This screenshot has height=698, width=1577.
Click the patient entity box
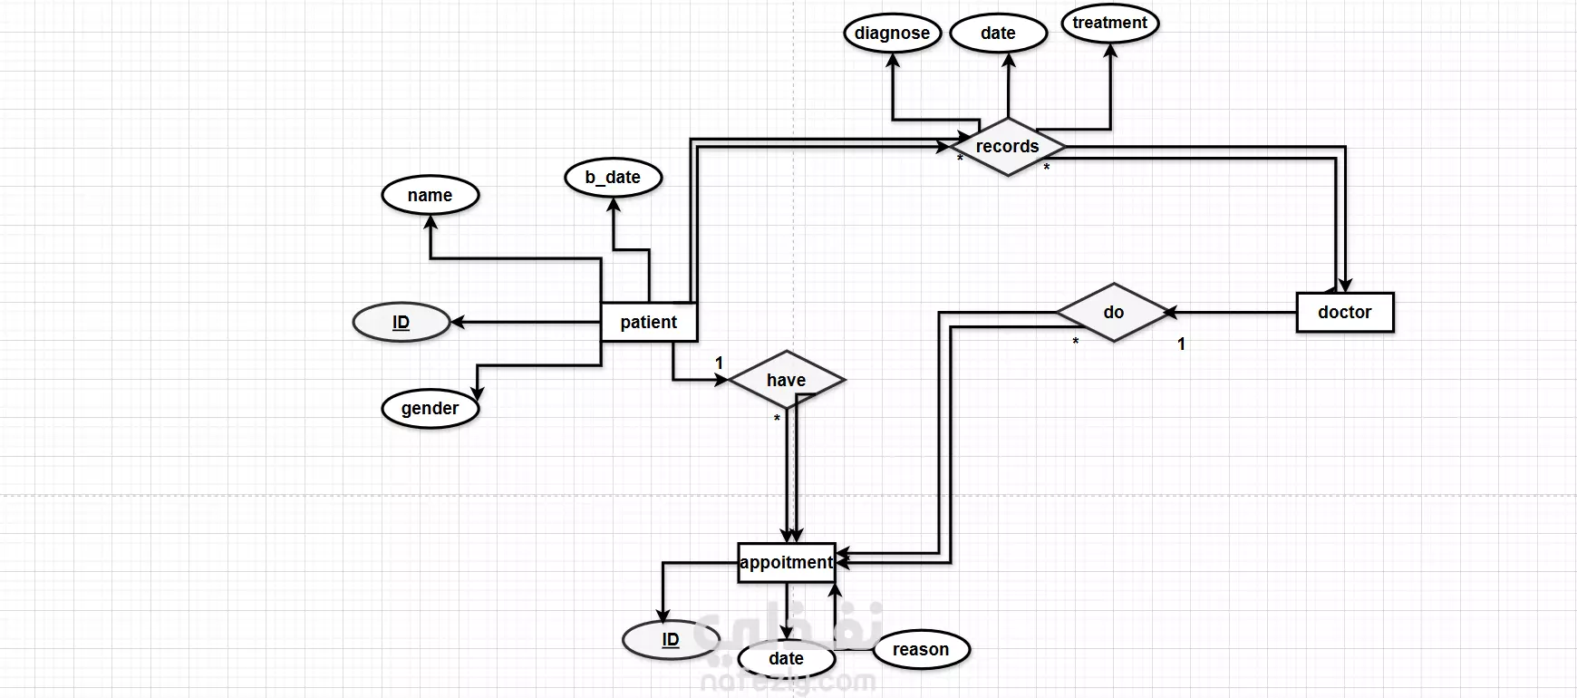click(x=649, y=322)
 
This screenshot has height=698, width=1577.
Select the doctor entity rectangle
click(x=1345, y=312)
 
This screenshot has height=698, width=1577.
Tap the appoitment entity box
click(x=786, y=562)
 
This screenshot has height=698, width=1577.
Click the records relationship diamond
click(x=1008, y=147)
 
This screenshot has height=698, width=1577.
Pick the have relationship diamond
click(x=787, y=380)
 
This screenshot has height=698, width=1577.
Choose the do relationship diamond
click(x=1114, y=312)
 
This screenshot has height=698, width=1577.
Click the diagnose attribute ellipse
click(x=893, y=34)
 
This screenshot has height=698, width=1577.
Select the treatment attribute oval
click(x=1110, y=24)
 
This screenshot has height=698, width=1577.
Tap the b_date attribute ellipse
click(x=613, y=177)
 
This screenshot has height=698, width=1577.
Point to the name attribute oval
click(x=431, y=195)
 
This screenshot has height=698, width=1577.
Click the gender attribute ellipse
click(x=430, y=408)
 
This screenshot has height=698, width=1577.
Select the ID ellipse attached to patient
click(x=401, y=322)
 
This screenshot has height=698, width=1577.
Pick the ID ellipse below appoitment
click(x=671, y=639)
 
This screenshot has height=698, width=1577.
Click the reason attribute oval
click(x=921, y=649)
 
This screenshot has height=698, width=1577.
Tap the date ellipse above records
click(x=998, y=34)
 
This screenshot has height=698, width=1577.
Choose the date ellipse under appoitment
click(x=786, y=658)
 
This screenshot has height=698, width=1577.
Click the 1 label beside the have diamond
click(x=720, y=363)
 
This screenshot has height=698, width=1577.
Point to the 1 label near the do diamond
click(x=1181, y=344)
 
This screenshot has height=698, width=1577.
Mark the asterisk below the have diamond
click(x=777, y=419)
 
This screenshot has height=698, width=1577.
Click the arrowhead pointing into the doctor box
click(x=1345, y=285)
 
